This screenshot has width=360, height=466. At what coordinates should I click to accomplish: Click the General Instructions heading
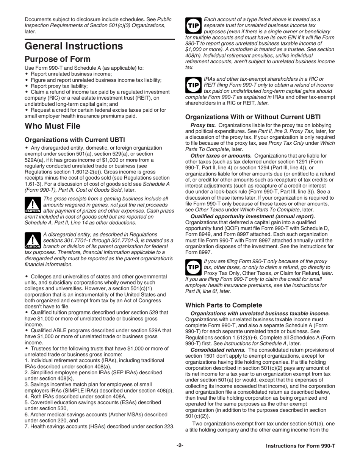click(74, 46)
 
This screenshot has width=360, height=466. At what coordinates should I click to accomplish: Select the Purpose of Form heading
click(58, 59)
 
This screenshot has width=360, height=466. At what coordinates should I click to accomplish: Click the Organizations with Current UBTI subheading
click(75, 140)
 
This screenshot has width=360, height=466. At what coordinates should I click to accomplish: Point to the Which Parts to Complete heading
click(224, 305)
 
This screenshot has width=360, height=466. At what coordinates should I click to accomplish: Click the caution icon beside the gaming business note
click(32, 205)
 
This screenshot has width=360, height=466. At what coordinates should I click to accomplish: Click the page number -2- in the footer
click(180, 446)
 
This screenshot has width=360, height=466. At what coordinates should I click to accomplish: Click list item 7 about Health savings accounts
click(100, 427)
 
